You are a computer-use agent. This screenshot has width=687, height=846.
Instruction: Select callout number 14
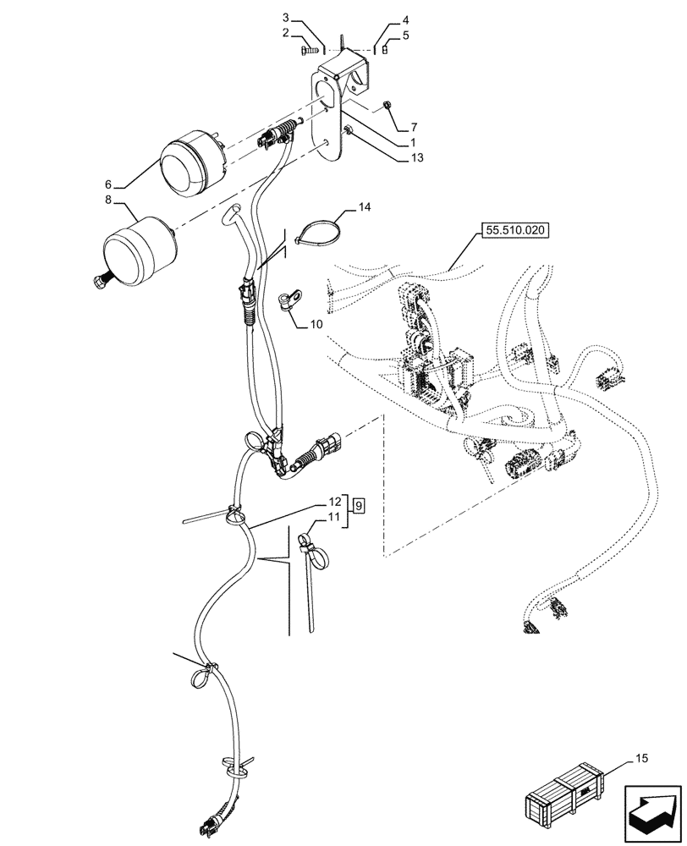tap(364, 206)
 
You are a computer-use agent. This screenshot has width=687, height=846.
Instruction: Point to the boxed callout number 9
tap(360, 505)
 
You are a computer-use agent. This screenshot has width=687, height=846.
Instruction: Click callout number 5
tap(405, 36)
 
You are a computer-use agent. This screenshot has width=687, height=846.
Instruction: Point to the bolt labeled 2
tap(306, 52)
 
